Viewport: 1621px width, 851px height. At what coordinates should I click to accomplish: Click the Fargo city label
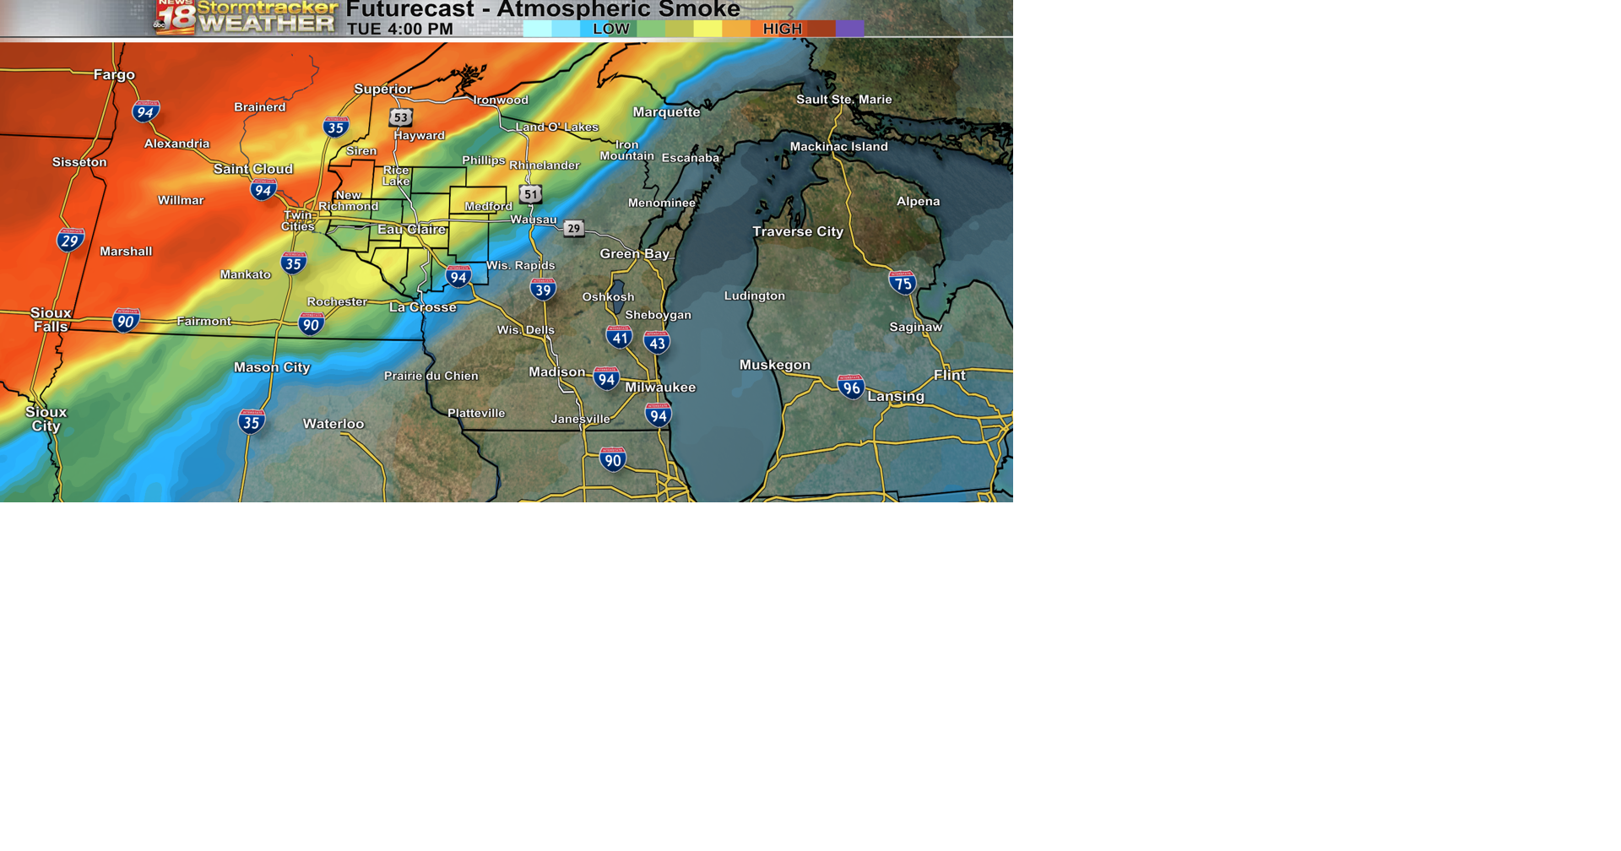pos(114,75)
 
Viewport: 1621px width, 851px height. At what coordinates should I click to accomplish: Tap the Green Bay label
pos(634,253)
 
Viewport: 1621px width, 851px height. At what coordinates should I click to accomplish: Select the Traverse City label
pos(797,231)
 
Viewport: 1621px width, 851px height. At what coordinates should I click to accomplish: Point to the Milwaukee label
pos(660,388)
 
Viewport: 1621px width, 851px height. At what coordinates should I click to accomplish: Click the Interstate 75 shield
pos(903,283)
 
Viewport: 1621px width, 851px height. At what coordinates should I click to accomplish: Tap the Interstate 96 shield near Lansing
pos(851,388)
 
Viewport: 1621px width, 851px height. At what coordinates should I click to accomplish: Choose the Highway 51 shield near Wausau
pos(530,194)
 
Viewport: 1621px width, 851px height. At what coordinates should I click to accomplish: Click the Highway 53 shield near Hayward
pos(401,117)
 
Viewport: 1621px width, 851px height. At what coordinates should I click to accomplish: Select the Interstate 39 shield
pos(543,290)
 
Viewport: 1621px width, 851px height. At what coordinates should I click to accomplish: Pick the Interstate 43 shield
pos(657,343)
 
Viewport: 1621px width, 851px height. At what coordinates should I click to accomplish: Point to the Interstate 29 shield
pos(70,241)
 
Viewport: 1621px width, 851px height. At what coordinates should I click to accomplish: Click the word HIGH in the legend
pos(782,29)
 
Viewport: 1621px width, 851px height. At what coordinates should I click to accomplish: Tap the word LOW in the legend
pos(610,29)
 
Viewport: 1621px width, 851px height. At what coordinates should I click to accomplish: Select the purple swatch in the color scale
pos(849,29)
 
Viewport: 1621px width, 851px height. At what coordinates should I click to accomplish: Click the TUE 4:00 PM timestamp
pos(399,29)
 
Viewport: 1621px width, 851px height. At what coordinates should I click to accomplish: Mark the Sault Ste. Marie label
pos(843,100)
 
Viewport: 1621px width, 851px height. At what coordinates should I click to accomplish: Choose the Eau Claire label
pos(411,230)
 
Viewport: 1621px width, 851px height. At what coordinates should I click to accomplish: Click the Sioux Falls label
pos(51,320)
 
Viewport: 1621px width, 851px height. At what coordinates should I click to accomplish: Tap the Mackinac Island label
pos(838,147)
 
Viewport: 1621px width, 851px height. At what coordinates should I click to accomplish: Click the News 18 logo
pos(176,17)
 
